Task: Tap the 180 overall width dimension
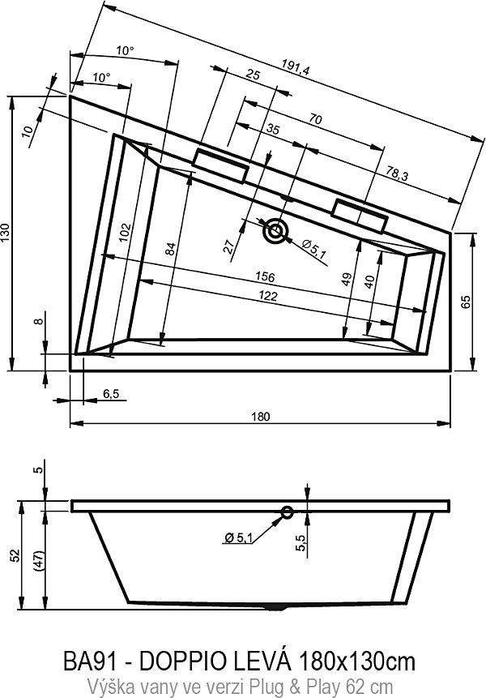(x=259, y=416)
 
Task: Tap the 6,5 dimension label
(x=111, y=394)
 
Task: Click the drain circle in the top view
(x=276, y=231)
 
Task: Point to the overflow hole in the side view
(x=287, y=512)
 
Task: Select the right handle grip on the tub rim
(x=360, y=215)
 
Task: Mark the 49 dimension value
(x=347, y=280)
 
